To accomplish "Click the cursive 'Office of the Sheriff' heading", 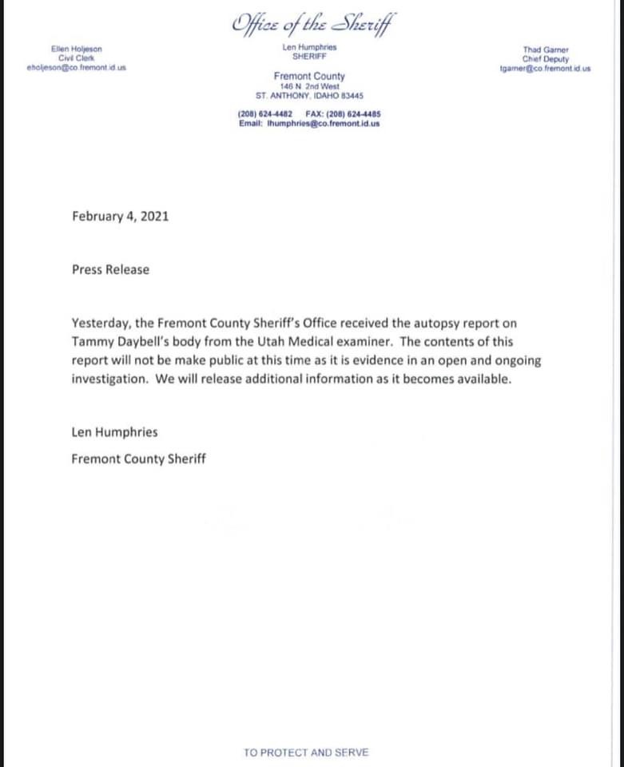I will coord(312,24).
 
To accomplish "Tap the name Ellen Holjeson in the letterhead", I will coord(77,50).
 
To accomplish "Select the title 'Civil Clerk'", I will coord(77,58).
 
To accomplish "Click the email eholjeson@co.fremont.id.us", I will coord(77,68).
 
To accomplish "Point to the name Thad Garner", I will coord(545,50).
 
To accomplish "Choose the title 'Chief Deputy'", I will coord(545,58).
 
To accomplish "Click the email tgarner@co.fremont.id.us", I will coord(545,68).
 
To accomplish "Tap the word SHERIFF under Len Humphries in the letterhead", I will coord(309,58).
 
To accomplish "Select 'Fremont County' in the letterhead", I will coord(309,77).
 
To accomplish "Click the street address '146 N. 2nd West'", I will coord(309,85).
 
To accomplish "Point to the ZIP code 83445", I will coord(352,94).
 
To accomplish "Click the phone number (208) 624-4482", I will coord(264,113).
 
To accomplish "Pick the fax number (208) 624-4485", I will coord(354,113).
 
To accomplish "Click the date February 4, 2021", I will coord(120,216).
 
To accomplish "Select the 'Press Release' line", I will coord(110,269).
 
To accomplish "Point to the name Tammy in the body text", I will coord(89,341).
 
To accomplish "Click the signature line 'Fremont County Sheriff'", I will coord(138,459).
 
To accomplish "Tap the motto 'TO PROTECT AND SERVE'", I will coord(307,752).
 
